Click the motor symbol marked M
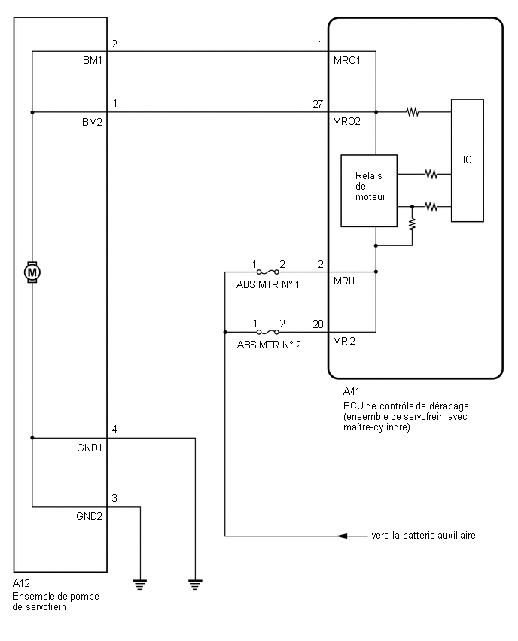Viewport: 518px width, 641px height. [32, 272]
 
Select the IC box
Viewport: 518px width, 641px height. [468, 160]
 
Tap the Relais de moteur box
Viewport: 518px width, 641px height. [369, 190]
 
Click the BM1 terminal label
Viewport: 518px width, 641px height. [92, 60]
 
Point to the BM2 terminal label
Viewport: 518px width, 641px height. [92, 122]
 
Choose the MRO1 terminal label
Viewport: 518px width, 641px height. [346, 60]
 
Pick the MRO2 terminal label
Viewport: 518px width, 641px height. [346, 121]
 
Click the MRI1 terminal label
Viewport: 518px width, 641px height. [344, 281]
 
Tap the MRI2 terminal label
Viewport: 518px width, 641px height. [344, 341]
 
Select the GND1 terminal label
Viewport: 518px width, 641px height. [89, 448]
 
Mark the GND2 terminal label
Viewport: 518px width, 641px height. [89, 516]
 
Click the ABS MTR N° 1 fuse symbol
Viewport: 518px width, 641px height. [267, 272]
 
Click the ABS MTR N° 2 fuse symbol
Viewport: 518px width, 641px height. [267, 332]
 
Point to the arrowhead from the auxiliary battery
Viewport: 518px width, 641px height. [343, 536]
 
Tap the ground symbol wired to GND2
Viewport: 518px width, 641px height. [140, 585]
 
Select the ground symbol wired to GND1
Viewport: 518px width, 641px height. [195, 585]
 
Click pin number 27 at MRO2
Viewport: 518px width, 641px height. [318, 105]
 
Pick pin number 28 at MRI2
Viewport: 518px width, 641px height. [318, 324]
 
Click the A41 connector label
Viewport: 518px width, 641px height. [352, 392]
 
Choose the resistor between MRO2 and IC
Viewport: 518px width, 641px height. [413, 111]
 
